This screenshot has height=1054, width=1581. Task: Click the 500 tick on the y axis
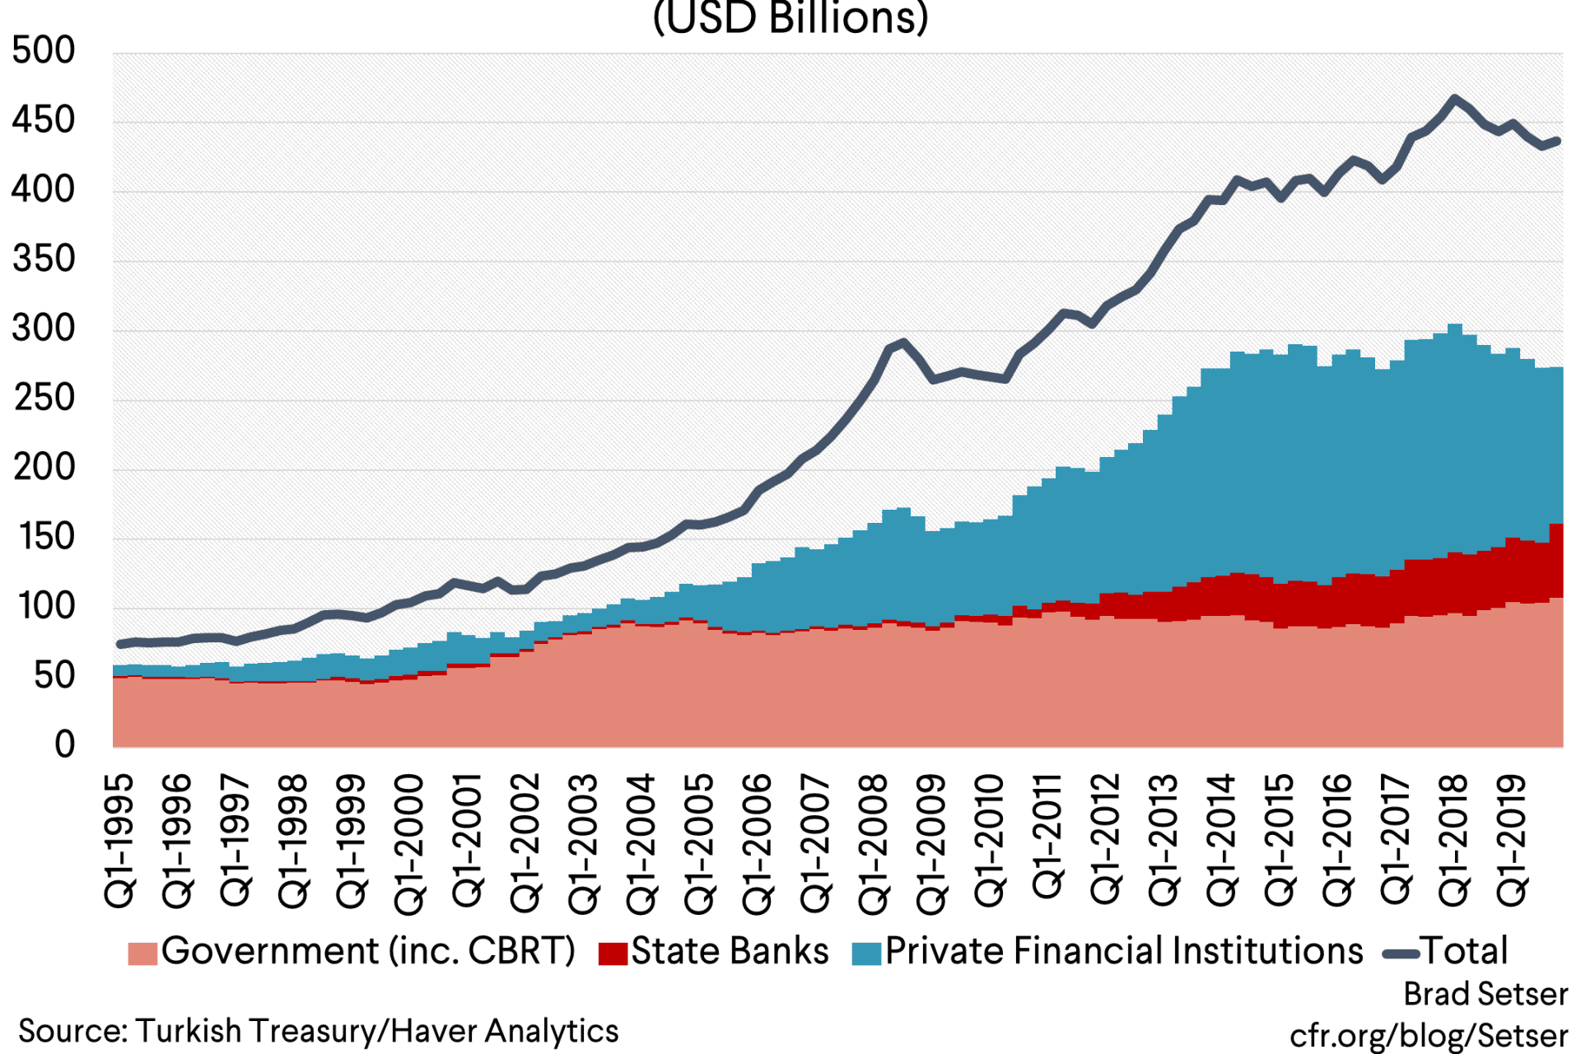pyautogui.click(x=43, y=51)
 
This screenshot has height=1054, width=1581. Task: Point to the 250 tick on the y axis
pyautogui.click(x=43, y=399)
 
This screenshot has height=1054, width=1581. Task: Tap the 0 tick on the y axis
pyautogui.click(x=64, y=745)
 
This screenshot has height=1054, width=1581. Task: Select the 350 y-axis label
pyautogui.click(x=43, y=259)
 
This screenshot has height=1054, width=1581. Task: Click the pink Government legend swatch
pyautogui.click(x=142, y=954)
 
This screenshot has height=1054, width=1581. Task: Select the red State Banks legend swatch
pyautogui.click(x=613, y=954)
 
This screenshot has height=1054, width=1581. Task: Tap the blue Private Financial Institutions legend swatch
pyautogui.click(x=866, y=954)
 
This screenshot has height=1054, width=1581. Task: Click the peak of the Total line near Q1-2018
pyautogui.click(x=1455, y=99)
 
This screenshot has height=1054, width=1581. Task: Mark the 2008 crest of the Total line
pyautogui.click(x=903, y=342)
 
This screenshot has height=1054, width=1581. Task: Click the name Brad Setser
pyautogui.click(x=1485, y=995)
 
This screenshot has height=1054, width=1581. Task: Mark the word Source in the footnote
pyautogui.click(x=72, y=1031)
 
